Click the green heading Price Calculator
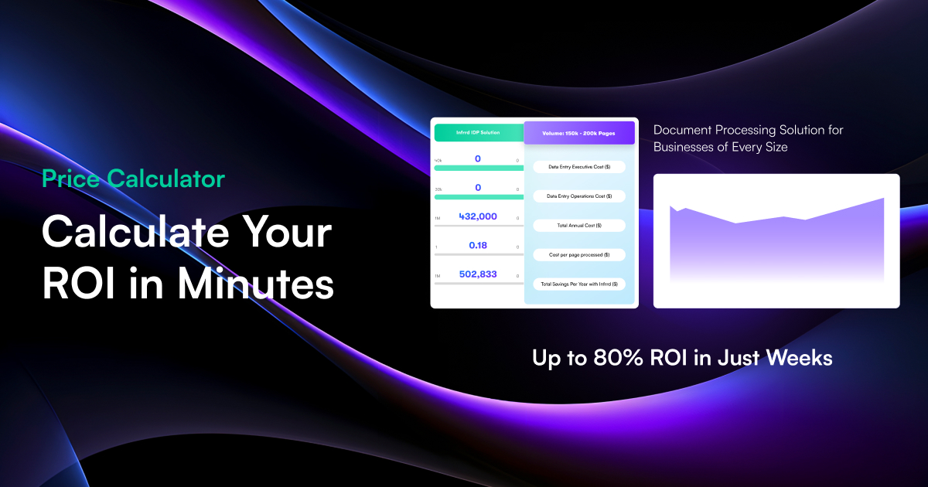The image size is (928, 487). point(133,179)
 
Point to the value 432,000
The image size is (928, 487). point(478,216)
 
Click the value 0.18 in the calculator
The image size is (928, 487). point(478,245)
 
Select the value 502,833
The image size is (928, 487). point(478,274)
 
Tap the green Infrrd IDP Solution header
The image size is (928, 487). point(478,132)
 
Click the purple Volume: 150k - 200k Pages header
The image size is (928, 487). point(579,133)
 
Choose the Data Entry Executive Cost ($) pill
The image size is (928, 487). point(579,167)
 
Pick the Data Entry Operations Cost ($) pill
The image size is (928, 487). point(579,196)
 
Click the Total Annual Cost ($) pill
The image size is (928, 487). point(579,226)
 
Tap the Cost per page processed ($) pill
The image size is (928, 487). point(579,254)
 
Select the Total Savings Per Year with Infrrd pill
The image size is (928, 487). point(579,284)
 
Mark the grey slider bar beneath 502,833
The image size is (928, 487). point(478,284)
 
